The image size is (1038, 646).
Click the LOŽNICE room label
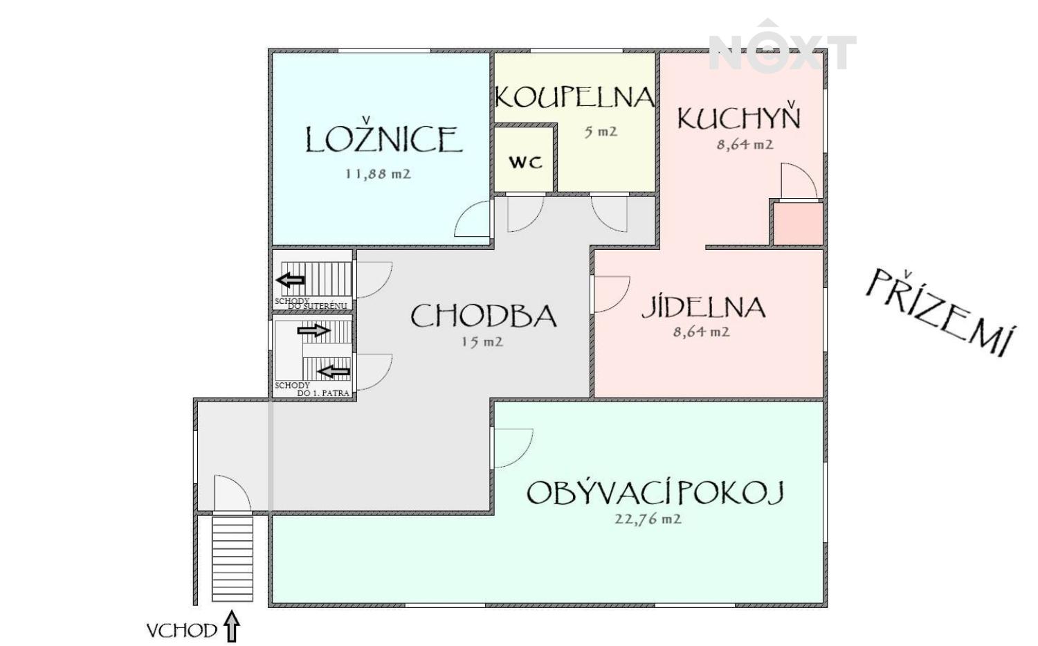tap(383, 137)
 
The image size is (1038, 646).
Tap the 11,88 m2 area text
tap(378, 174)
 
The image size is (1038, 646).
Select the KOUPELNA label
tap(574, 97)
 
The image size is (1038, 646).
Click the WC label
tap(525, 162)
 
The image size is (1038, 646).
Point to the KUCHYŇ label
tap(738, 116)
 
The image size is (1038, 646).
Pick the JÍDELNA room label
tap(704, 306)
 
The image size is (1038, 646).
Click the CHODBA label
tap(483, 316)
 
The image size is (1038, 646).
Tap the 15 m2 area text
tap(482, 342)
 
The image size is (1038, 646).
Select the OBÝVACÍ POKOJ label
tap(655, 492)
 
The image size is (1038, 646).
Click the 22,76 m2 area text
tap(648, 519)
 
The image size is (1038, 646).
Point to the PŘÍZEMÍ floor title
tap(938, 312)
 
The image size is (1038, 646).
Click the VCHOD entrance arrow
tap(232, 627)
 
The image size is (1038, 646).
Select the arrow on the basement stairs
tap(291, 280)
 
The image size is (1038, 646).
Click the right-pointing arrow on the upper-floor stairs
tap(313, 330)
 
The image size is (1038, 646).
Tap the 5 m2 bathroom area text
tap(601, 132)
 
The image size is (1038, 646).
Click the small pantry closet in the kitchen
tap(798, 224)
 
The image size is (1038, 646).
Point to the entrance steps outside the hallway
tap(233, 559)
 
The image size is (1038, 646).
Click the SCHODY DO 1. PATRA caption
tap(311, 390)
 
